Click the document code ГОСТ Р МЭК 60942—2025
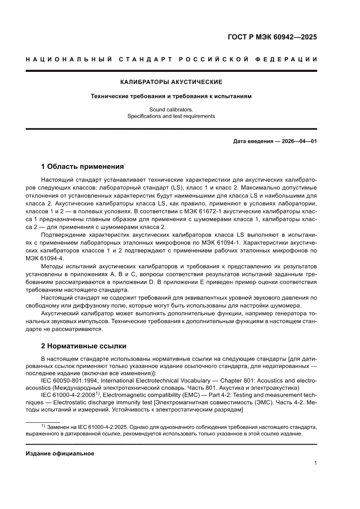click(272, 37)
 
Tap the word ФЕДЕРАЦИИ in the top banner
click(288, 59)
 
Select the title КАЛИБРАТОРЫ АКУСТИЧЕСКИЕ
click(171, 82)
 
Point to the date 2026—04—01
click(294, 142)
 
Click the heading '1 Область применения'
click(82, 166)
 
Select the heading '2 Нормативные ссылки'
click(84, 346)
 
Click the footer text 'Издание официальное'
click(60, 453)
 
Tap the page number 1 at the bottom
click(315, 463)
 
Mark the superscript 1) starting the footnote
click(43, 426)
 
